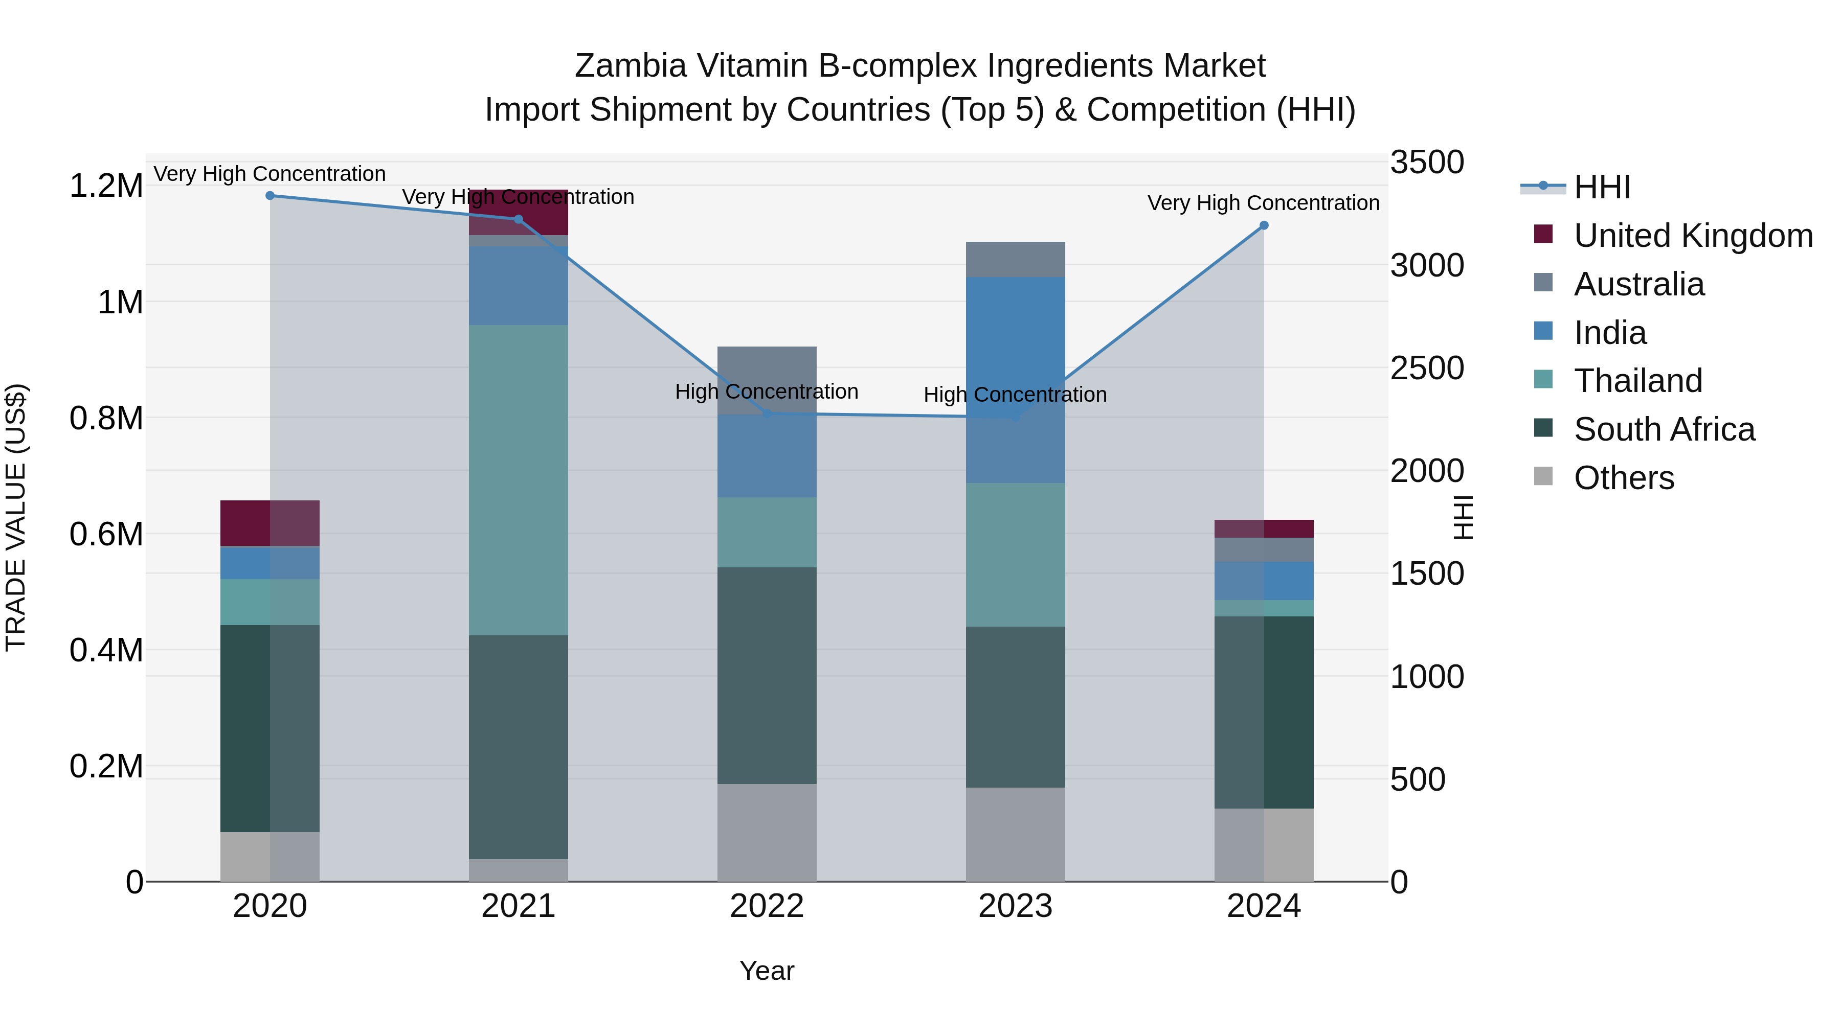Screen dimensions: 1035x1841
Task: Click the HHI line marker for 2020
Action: (270, 196)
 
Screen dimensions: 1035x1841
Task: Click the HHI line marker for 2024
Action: (1264, 226)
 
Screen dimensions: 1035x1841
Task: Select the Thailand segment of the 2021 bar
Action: (518, 480)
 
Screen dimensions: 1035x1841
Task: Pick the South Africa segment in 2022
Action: (767, 676)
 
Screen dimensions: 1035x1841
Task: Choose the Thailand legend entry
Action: (1638, 381)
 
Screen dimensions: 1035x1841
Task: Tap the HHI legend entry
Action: (1602, 187)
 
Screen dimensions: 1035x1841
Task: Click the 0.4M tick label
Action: (106, 650)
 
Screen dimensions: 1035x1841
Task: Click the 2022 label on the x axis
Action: (767, 906)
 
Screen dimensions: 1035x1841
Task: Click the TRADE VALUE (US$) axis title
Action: (16, 517)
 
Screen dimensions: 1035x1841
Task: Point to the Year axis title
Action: (767, 971)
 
